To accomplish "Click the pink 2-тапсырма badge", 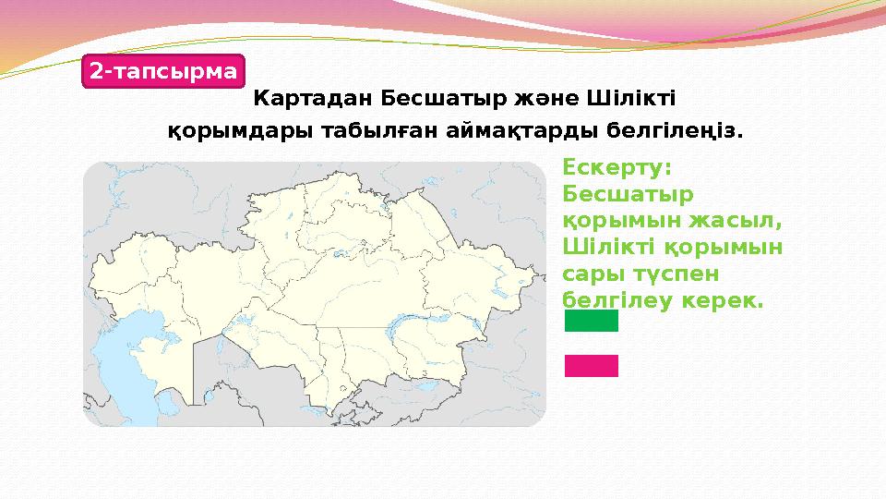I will [x=163, y=70].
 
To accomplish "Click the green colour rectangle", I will [x=591, y=321].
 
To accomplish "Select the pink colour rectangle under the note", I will [x=591, y=366].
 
